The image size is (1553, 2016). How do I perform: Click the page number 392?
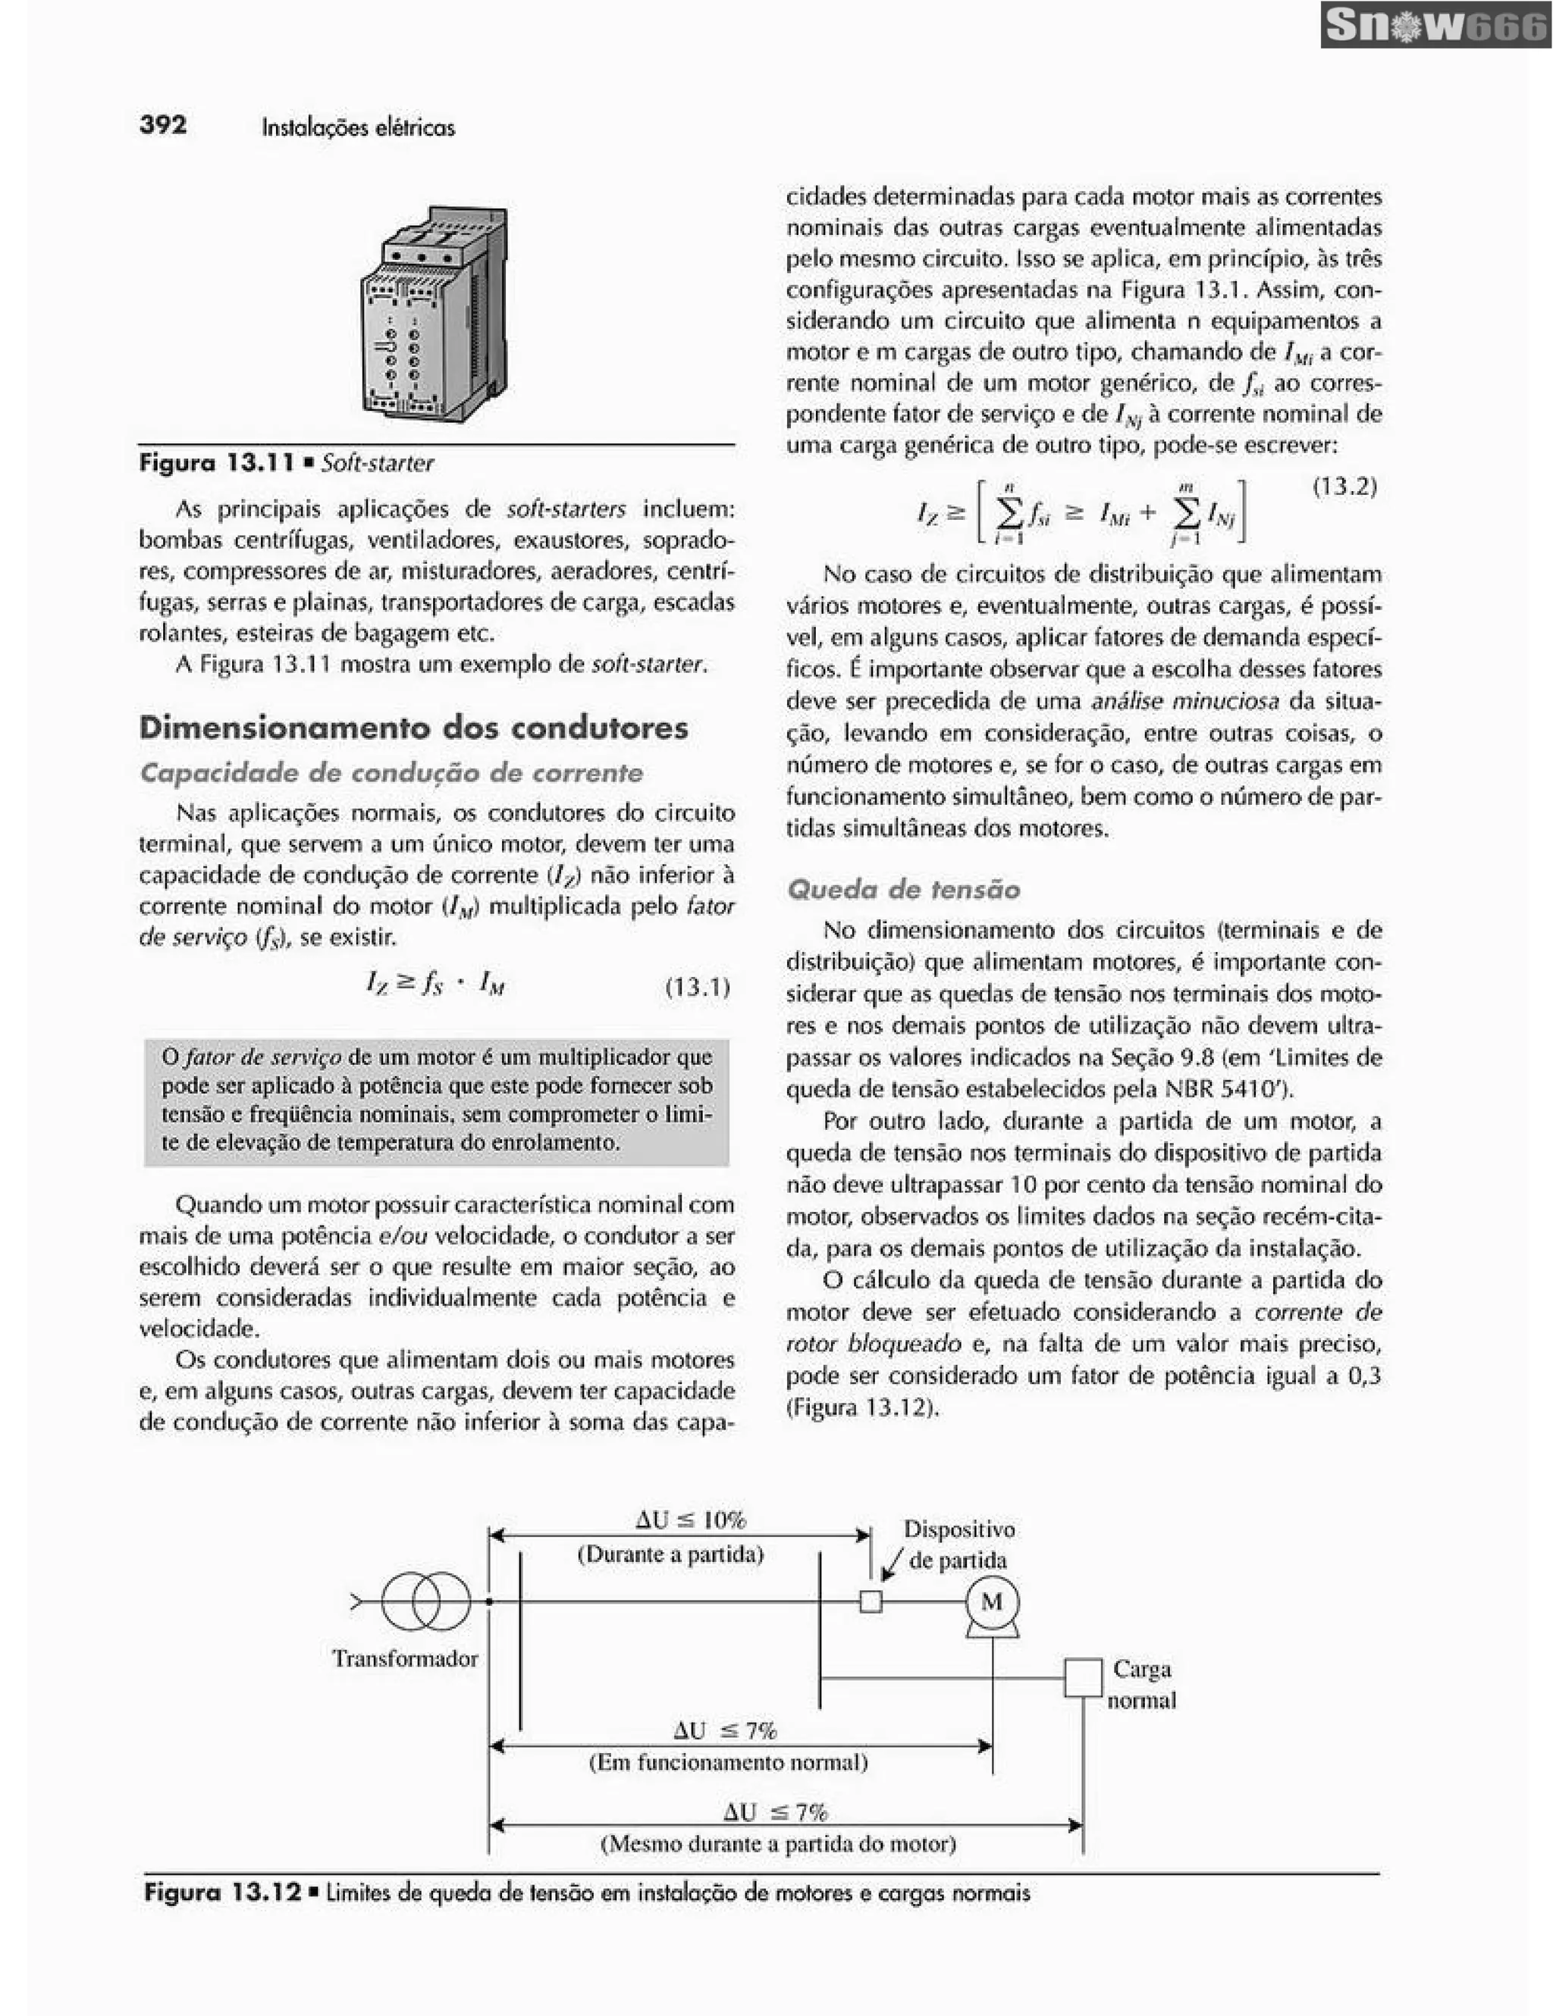click(x=162, y=124)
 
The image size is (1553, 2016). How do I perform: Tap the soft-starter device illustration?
click(x=434, y=314)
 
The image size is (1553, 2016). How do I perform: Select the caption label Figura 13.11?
click(x=216, y=462)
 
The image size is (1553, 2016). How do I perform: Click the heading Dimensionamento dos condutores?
click(x=413, y=728)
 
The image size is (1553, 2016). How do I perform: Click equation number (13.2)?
click(x=1344, y=487)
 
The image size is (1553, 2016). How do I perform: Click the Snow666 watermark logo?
click(x=1435, y=26)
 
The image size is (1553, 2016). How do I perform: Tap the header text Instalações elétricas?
click(x=358, y=127)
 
